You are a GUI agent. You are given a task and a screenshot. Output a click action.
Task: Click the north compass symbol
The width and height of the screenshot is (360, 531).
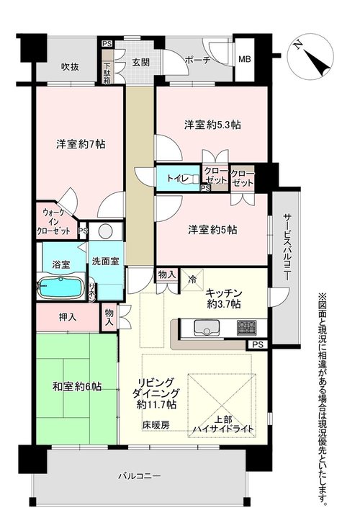click(310, 56)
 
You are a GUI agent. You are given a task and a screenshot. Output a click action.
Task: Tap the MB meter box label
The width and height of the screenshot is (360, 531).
click(245, 59)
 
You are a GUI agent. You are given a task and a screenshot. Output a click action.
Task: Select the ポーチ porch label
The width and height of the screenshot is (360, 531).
click(198, 61)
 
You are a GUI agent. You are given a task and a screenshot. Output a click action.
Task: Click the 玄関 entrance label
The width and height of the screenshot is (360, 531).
click(140, 62)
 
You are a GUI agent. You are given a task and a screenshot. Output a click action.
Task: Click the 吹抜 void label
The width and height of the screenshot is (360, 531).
click(70, 67)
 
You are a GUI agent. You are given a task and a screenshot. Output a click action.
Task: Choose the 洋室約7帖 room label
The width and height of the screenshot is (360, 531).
click(81, 144)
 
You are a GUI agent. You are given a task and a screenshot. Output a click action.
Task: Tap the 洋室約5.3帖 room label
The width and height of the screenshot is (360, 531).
click(212, 125)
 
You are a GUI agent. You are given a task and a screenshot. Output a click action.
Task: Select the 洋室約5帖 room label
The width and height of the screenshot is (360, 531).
click(212, 230)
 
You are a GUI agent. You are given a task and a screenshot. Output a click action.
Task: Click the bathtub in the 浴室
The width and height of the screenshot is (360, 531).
click(61, 287)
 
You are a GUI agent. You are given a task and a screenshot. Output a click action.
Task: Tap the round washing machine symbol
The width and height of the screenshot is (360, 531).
click(106, 231)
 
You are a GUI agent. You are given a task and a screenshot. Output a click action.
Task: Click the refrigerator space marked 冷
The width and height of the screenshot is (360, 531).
click(192, 280)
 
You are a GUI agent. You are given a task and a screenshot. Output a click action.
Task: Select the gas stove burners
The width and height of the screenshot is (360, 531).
click(248, 328)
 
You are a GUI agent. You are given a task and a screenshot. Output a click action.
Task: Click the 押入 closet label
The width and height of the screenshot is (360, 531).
click(68, 318)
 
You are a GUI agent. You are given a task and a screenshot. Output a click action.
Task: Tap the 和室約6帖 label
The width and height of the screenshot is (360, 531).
click(77, 386)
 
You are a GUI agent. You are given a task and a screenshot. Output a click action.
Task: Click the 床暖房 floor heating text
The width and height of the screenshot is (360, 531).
click(156, 425)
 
